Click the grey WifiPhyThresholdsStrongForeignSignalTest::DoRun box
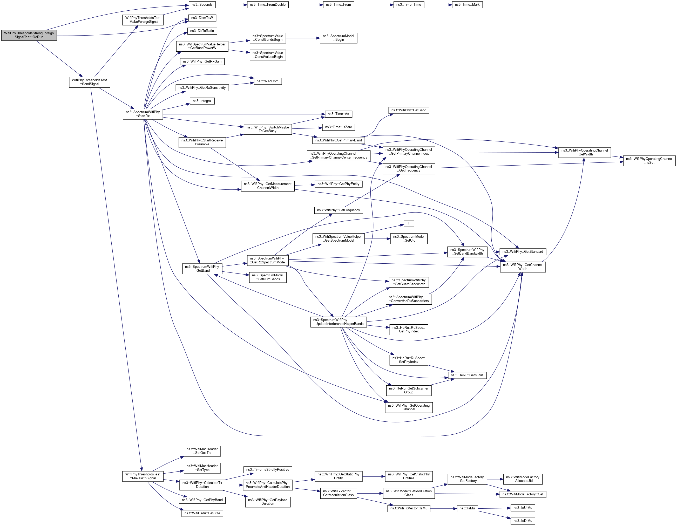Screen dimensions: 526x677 pos(29,35)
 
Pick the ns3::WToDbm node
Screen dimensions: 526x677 pos(268,81)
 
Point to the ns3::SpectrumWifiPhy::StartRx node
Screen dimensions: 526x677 pos(143,114)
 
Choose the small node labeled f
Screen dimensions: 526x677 pos(409,223)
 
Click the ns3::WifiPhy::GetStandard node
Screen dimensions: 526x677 pos(522,252)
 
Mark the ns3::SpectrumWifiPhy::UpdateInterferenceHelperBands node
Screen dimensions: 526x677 pos(338,322)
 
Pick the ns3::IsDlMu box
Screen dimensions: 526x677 pos(522,521)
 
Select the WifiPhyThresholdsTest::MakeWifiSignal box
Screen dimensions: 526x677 pos(143,476)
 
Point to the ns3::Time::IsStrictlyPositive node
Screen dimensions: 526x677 pos(268,470)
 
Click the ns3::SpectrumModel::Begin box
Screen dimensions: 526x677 pos(338,38)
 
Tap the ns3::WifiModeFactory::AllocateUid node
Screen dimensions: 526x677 pos(522,479)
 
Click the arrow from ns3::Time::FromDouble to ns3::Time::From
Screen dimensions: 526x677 pos(305,5)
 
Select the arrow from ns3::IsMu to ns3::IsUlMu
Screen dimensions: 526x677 pos(494,508)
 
